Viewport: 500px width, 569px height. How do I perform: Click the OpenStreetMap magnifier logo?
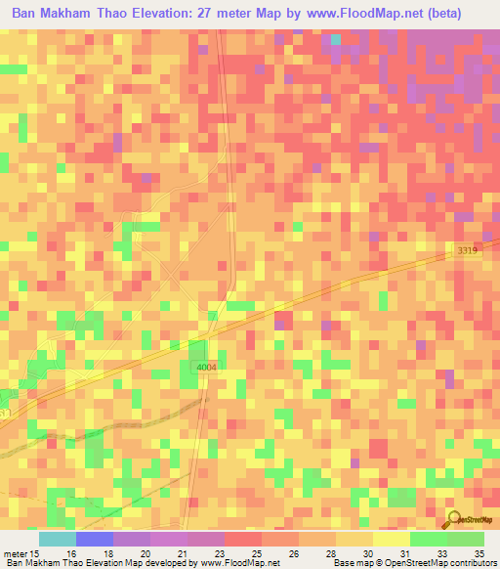(455, 520)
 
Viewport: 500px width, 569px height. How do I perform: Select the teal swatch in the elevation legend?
(57, 539)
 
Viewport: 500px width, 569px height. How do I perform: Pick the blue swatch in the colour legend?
(94, 539)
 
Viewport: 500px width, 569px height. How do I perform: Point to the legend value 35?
(479, 553)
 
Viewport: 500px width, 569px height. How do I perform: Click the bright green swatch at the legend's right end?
(465, 539)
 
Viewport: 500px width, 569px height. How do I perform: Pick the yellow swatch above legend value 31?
(391, 539)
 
